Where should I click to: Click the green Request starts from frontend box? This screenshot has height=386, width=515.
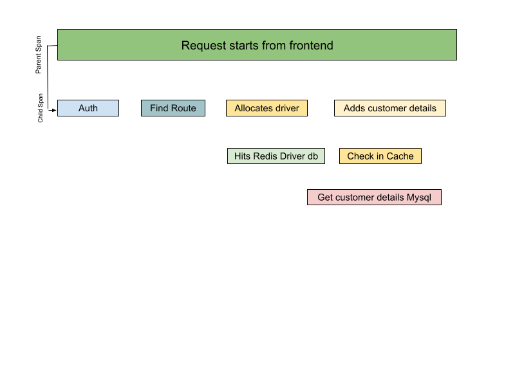pos(257,45)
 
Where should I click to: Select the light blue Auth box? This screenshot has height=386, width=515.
pos(88,108)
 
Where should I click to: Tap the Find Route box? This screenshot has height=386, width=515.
pos(173,108)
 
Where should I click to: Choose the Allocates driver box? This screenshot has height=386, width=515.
pos(267,108)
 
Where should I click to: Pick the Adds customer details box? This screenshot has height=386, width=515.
pos(389,108)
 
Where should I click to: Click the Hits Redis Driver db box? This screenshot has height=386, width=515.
pos(276,156)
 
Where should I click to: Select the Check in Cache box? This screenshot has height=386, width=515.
pos(380,156)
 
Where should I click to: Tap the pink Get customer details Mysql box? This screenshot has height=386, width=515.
pos(374,198)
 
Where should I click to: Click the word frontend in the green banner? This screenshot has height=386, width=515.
pos(311,46)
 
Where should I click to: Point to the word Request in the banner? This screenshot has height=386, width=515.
pos(201,46)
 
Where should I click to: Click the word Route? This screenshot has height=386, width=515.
pos(183,108)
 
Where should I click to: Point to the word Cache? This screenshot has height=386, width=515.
pos(400,156)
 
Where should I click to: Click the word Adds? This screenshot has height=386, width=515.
pos(354,108)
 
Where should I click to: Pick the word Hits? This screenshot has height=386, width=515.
pos(242,156)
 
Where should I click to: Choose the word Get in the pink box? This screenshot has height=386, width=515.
pos(325,198)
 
